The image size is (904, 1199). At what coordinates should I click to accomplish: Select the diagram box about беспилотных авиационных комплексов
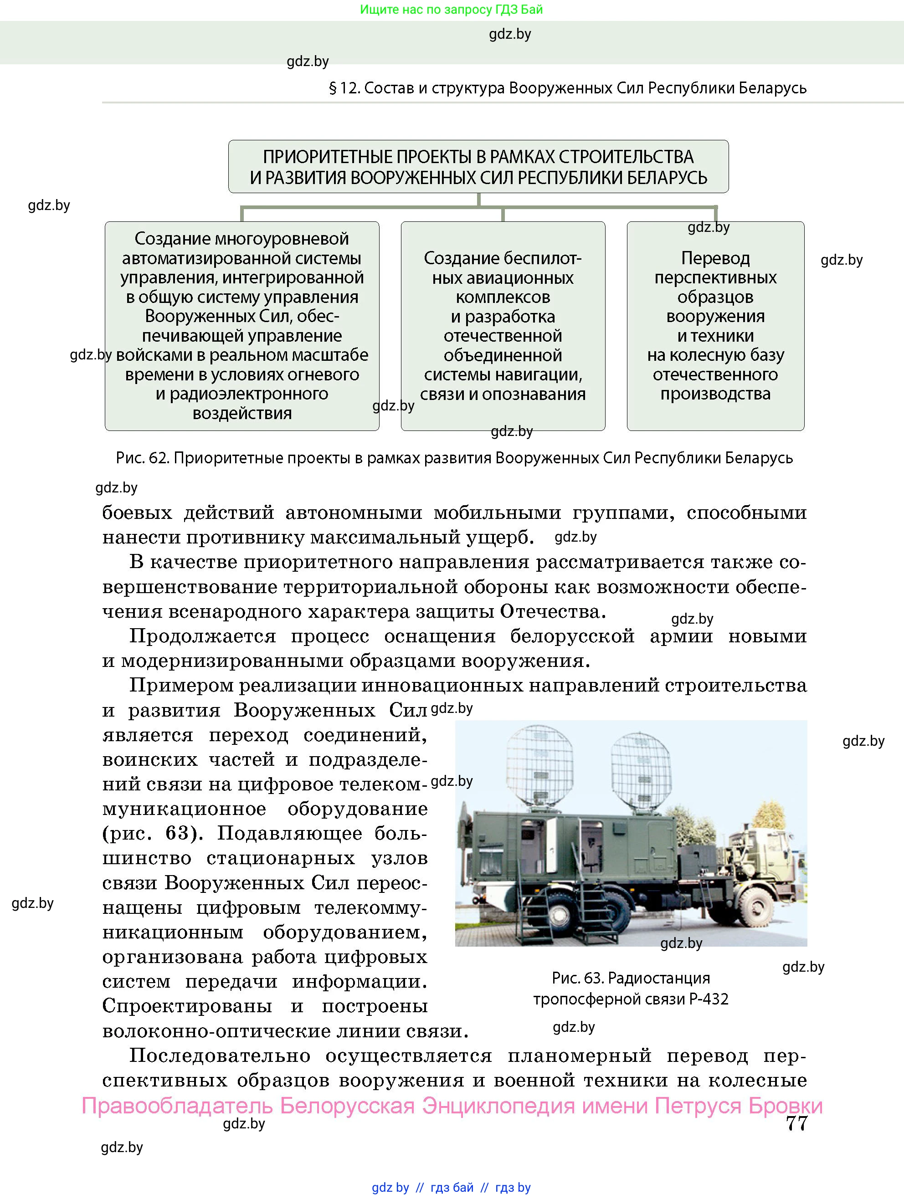click(x=503, y=325)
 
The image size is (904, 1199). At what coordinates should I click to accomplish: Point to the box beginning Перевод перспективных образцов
click(x=715, y=325)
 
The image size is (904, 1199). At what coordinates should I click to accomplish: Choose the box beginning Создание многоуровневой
click(x=242, y=325)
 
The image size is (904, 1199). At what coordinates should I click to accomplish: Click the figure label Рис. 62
click(x=143, y=458)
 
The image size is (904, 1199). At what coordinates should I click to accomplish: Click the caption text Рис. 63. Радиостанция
click(x=630, y=978)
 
